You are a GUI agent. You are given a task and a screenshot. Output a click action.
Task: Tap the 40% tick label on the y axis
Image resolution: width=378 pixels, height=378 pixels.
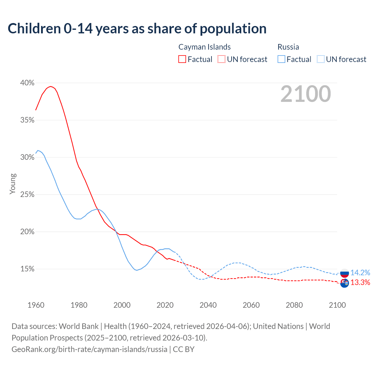pos(27,83)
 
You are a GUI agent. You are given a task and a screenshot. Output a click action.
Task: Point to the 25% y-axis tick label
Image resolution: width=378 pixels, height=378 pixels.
pos(27,195)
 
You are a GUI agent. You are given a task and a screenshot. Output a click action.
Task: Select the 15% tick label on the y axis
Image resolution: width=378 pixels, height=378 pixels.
pos(27,269)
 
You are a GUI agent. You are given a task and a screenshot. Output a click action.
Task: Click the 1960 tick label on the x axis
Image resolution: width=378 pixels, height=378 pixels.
pos(36,305)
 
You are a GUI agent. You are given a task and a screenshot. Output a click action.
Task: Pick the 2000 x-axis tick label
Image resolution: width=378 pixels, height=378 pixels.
pos(122,305)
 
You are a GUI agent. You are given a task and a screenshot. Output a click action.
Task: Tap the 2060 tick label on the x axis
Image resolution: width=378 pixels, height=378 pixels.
pos(251,305)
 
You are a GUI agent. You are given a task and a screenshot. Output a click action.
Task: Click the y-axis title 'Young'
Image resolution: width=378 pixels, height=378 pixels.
pos(12,184)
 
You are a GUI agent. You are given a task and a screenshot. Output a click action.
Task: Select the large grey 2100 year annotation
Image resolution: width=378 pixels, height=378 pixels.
pos(306,94)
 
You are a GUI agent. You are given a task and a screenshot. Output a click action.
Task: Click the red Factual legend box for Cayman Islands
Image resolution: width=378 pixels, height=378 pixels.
pos(182,59)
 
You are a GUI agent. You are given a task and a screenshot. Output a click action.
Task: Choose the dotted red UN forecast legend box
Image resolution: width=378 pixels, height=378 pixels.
pos(221,59)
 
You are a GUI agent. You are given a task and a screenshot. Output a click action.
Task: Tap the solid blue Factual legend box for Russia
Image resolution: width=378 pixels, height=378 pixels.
pos(281,59)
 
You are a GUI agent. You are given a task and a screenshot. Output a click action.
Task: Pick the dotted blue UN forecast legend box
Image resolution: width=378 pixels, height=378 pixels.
pos(320,59)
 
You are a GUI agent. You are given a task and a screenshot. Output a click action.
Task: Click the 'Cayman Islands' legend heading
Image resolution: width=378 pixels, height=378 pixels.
pos(204,47)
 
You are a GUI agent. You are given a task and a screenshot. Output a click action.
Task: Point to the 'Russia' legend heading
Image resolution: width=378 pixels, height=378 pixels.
pos(288,47)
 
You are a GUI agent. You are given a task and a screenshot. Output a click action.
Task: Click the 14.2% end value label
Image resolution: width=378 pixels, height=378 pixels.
pos(360,273)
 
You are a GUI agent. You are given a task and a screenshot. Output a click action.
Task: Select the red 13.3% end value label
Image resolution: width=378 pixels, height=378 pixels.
pos(360,283)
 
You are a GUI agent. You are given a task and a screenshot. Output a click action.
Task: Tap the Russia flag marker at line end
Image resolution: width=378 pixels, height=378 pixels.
pos(344,273)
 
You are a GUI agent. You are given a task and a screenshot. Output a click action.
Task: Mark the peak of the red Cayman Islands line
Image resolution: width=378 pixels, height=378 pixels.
pos(51,87)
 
